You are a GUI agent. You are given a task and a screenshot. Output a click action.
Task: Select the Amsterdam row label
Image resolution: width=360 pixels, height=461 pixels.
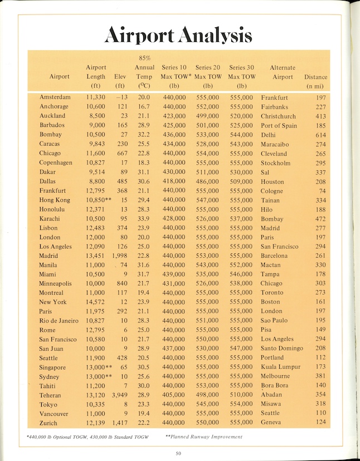click(55, 97)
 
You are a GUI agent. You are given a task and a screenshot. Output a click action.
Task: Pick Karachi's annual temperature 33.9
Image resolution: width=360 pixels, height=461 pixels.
click(144, 219)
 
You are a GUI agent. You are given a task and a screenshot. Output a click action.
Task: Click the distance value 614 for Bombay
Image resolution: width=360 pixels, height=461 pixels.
click(320, 135)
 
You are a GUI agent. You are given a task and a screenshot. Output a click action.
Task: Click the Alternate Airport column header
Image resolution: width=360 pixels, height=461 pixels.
click(283, 72)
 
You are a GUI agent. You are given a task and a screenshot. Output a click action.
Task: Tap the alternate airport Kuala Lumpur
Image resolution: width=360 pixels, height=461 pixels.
click(280, 367)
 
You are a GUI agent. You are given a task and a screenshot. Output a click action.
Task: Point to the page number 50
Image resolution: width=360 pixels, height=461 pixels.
click(178, 453)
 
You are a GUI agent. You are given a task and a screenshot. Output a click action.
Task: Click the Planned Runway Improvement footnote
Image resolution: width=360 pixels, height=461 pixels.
click(203, 437)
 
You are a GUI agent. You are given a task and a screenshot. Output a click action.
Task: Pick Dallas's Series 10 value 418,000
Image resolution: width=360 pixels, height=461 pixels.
click(174, 182)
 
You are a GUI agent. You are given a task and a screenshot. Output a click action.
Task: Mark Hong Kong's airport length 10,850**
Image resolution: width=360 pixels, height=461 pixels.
click(98, 200)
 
